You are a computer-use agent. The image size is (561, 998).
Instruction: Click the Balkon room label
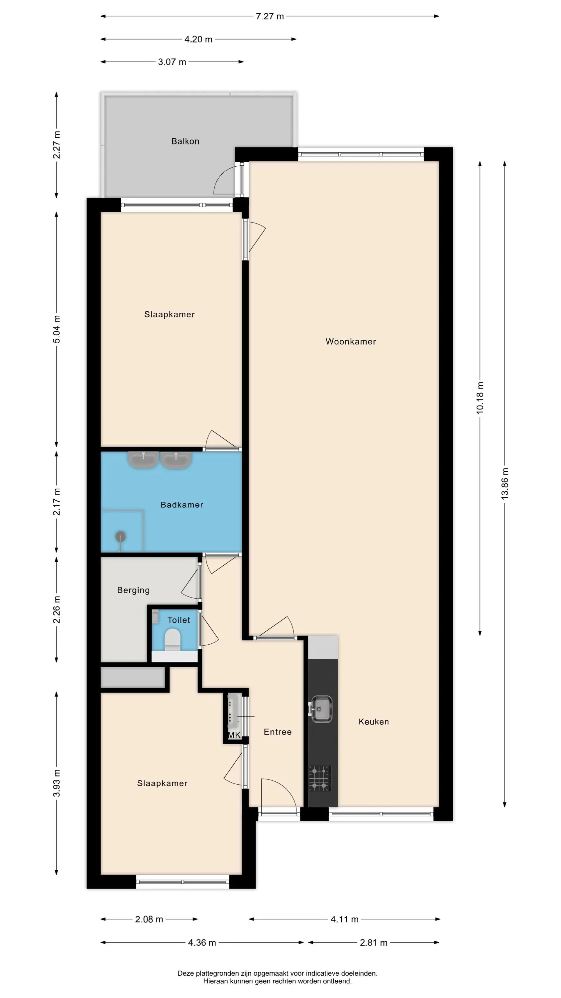(185, 141)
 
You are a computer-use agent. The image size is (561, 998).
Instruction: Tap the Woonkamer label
(351, 342)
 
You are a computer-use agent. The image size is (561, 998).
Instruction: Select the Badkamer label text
(182, 505)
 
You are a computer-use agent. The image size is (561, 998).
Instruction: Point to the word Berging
(134, 590)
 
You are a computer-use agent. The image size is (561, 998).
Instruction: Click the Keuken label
(374, 722)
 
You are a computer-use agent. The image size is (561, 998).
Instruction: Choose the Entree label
(278, 732)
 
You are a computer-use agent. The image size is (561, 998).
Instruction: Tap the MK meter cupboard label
(234, 735)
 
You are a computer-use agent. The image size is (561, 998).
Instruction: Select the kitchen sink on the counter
(321, 709)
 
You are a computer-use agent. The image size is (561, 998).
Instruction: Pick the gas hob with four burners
(320, 778)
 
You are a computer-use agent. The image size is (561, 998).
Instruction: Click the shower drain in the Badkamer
(121, 537)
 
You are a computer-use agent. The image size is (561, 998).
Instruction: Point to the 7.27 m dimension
(270, 16)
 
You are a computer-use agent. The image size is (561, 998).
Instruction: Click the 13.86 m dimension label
(505, 484)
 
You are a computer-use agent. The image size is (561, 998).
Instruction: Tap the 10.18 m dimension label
(480, 398)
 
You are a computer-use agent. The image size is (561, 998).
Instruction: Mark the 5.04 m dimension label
(56, 329)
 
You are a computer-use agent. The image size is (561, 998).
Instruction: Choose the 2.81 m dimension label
(374, 942)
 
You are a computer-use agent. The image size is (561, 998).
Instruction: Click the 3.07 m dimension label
(172, 62)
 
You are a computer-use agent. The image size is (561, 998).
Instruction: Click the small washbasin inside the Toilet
(156, 616)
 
